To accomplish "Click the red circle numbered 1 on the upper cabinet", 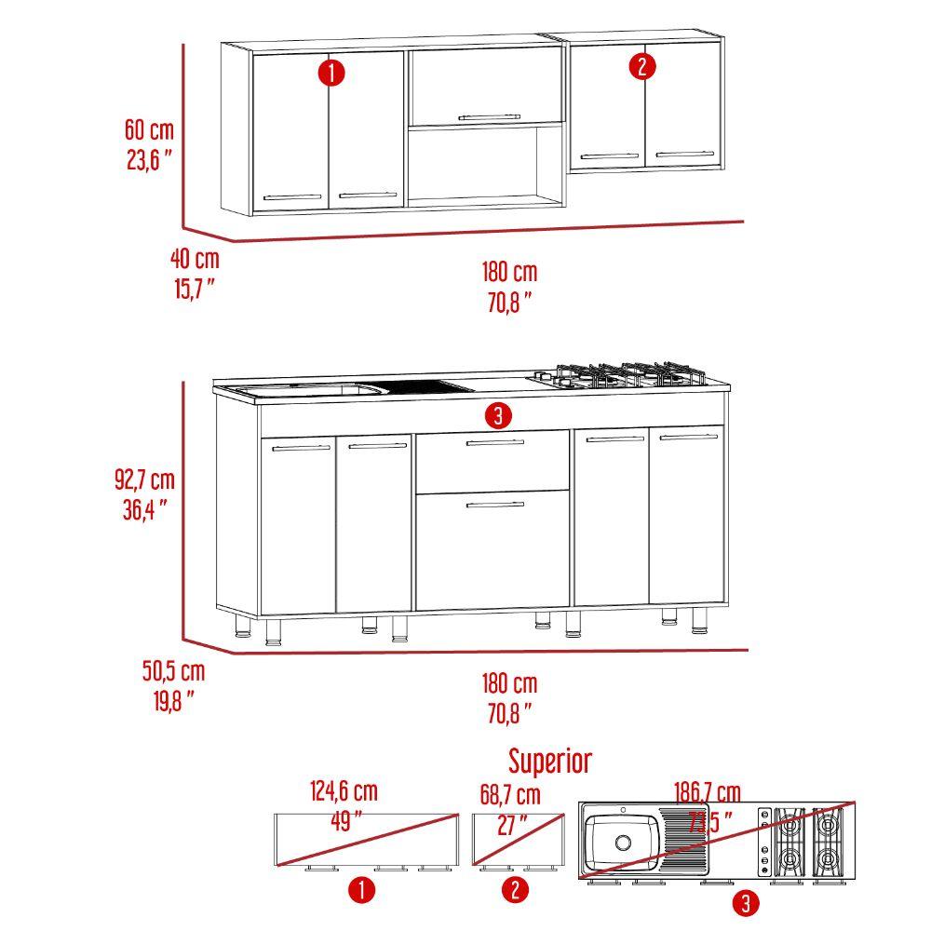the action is coord(331,73).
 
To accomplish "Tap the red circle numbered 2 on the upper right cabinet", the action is coord(642,66).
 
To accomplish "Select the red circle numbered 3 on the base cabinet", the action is coord(498,415).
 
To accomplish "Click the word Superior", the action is coord(550,762).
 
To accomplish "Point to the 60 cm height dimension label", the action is coord(149,130).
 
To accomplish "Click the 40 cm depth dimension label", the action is coord(195,259).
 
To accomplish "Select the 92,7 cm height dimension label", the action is coord(145,479).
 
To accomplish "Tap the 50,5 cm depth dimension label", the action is coord(173,671).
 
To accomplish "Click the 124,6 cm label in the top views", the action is coord(344,791).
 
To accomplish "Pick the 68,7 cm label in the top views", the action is coord(510,795).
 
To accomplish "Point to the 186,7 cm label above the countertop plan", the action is coord(708,792).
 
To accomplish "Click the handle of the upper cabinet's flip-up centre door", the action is coord(490,117).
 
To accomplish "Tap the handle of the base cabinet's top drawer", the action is coord(495,442).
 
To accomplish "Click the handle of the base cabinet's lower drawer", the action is coord(495,505).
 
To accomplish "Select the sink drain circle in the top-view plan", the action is coord(624,842).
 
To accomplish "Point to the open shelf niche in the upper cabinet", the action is coord(485,163).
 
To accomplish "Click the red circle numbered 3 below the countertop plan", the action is coord(746,903).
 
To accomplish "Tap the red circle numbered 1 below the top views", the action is coord(361,890).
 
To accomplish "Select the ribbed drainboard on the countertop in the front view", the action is coord(425,387).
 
